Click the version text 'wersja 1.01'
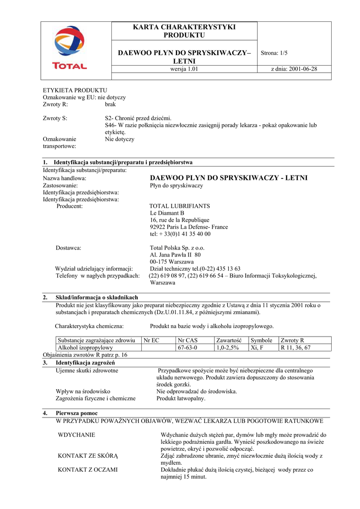coord(184,69)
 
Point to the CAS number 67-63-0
coord(187,348)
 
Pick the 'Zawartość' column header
coord(229,340)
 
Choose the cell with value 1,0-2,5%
coord(228,348)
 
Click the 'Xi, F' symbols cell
coord(258,348)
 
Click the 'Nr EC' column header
coord(151,340)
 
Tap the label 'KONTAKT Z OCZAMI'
coord(88,469)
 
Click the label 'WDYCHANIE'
coord(77,434)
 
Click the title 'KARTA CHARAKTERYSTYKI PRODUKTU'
coord(184,31)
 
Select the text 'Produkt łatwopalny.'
coord(181,398)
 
